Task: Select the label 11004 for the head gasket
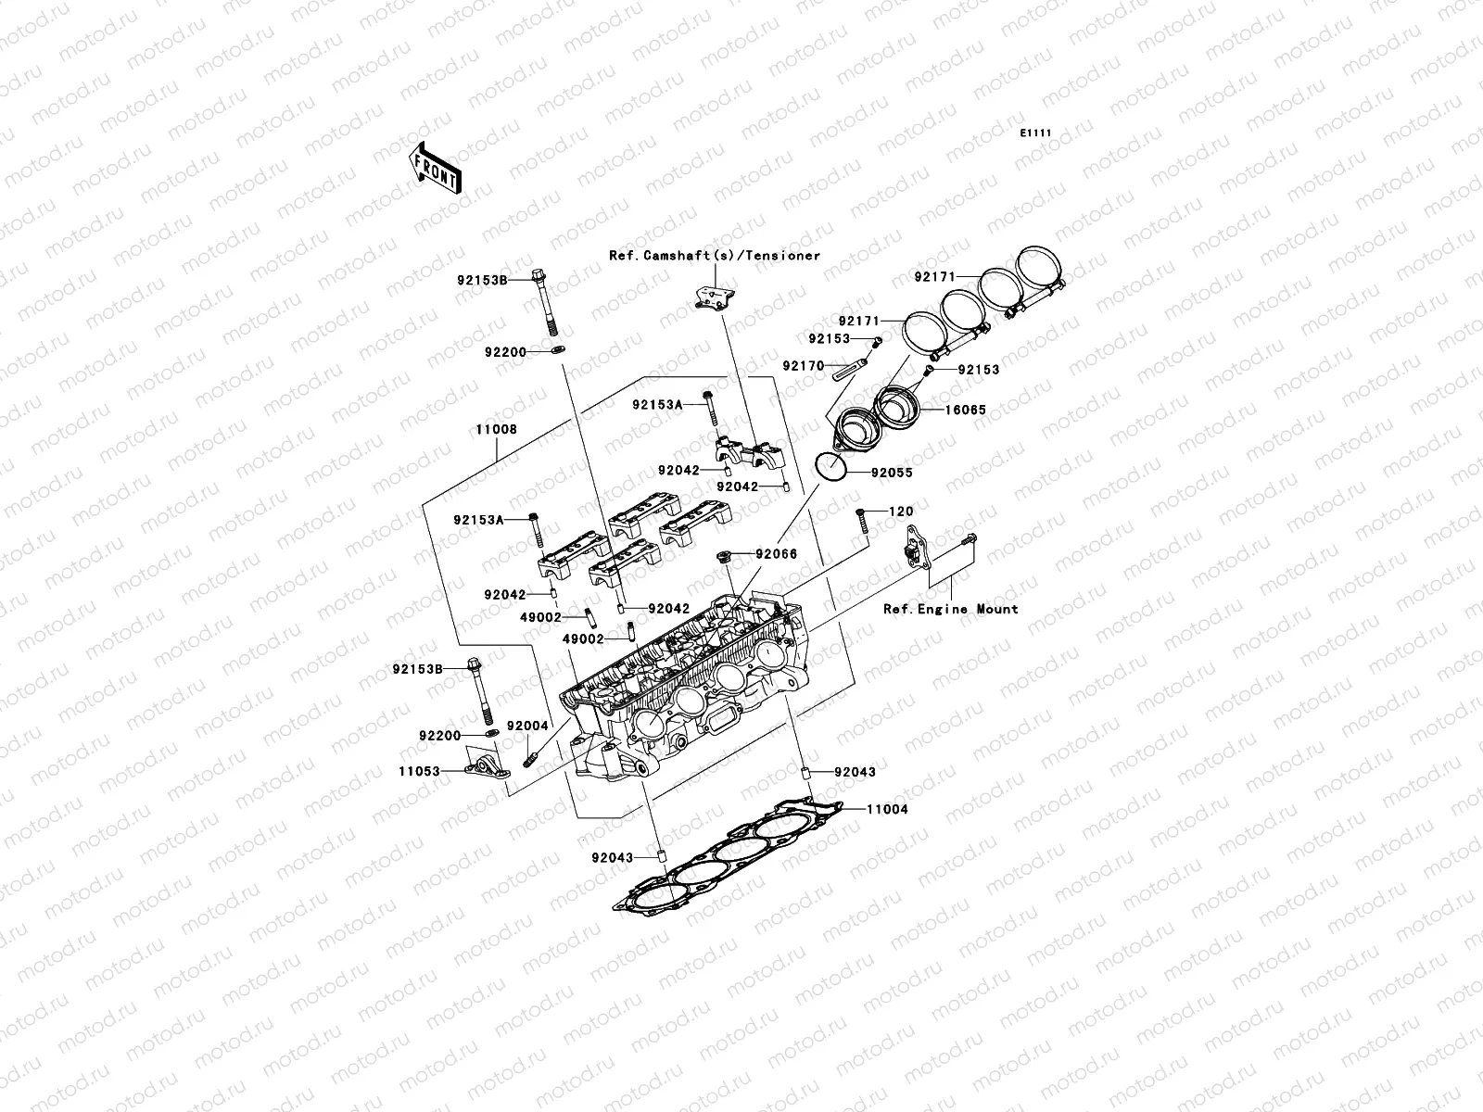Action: (x=887, y=809)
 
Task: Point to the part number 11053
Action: (x=419, y=770)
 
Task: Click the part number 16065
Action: (x=965, y=410)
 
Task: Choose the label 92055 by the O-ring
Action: (x=891, y=473)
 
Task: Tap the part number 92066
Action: (x=776, y=554)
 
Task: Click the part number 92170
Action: (x=802, y=366)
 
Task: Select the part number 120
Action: (x=901, y=512)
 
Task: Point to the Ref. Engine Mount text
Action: (x=950, y=609)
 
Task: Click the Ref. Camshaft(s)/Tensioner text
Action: (x=714, y=256)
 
